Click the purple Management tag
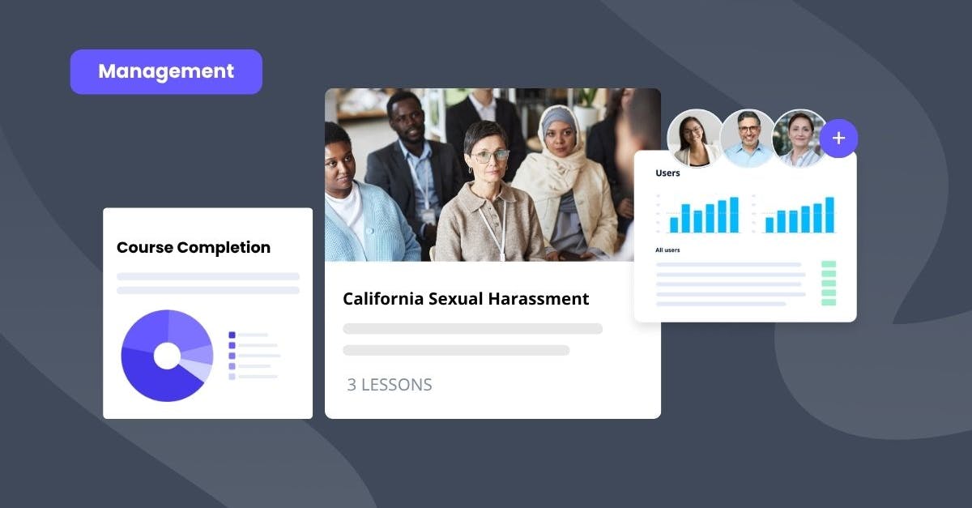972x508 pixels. [x=166, y=71]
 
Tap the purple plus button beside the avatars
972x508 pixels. [x=838, y=139]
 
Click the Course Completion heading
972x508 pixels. [x=194, y=247]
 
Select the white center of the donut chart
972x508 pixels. [x=167, y=356]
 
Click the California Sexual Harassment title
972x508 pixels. [x=466, y=298]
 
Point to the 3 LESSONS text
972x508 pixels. [x=390, y=385]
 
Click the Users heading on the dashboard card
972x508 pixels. [x=667, y=173]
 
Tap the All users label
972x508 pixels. [x=667, y=250]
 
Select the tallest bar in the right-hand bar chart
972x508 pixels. [x=829, y=215]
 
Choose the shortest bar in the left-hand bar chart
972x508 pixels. [x=674, y=224]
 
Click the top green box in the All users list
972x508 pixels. [x=829, y=265]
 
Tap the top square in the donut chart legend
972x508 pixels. [x=232, y=335]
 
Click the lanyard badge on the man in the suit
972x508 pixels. [x=427, y=215]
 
